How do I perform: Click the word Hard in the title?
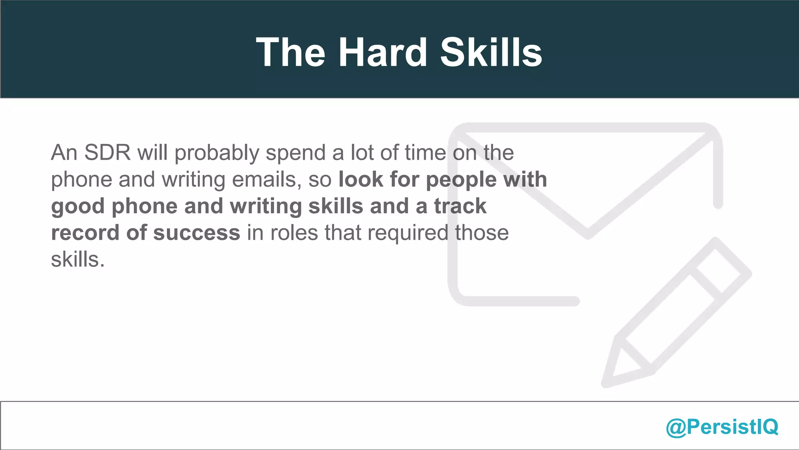click(383, 52)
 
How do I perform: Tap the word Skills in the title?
click(491, 52)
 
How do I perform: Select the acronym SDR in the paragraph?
click(107, 152)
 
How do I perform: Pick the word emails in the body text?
click(266, 180)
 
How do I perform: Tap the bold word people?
click(461, 180)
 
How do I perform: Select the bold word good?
click(78, 207)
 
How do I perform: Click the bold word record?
click(85, 233)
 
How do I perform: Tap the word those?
click(482, 233)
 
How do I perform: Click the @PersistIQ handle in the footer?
click(722, 427)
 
